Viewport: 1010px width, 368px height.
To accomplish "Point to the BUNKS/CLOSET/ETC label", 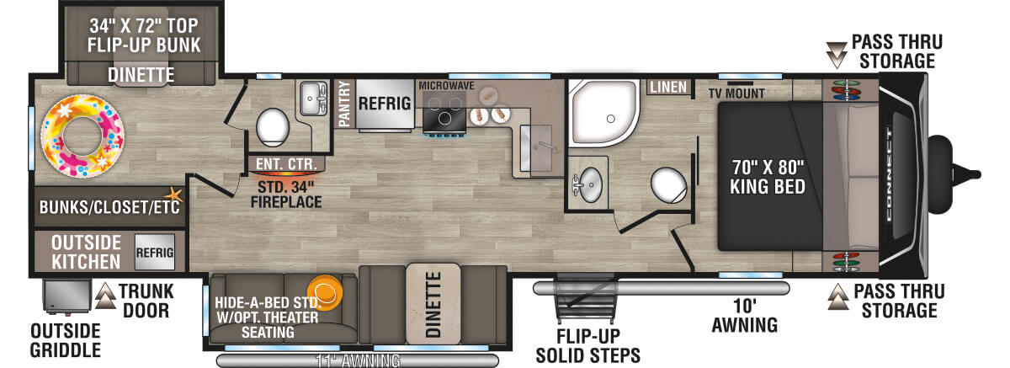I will click(x=109, y=207).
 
